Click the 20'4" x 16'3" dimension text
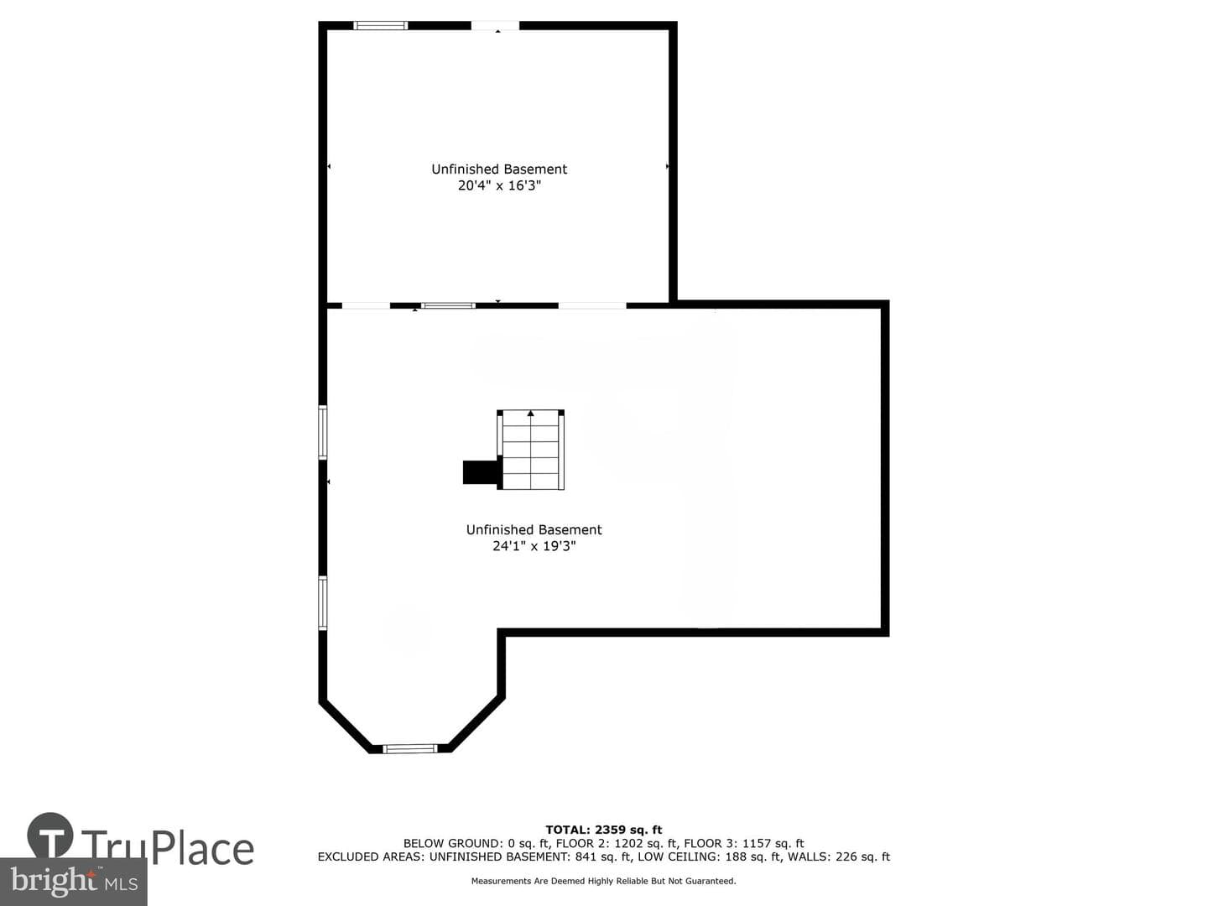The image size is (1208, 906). pos(499,185)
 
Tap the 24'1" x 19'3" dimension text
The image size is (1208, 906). pos(534,545)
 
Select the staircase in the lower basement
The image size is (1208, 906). pos(530,450)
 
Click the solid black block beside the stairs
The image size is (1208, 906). pos(480,472)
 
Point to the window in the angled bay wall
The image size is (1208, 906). pos(410,748)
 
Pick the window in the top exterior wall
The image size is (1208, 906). pos(380,25)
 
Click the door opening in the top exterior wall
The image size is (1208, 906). pos(495,25)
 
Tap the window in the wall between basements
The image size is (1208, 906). pos(449,305)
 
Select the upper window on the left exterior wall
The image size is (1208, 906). pos(323,432)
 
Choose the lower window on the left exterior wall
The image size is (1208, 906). pos(323,603)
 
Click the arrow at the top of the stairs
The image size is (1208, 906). pos(530,413)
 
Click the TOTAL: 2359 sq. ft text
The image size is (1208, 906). pos(604,830)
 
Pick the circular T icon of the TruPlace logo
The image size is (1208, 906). pos(50,835)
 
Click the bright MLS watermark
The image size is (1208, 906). pos(74,881)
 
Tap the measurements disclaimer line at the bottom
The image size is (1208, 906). pos(604,881)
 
